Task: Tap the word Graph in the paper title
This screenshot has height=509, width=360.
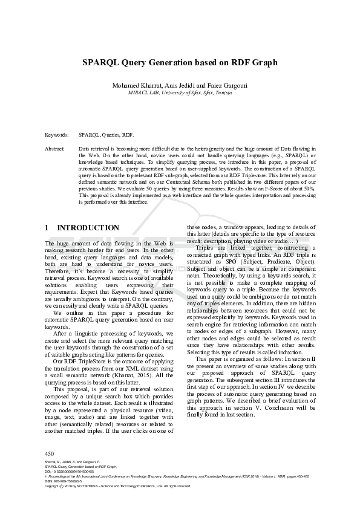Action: (264, 62)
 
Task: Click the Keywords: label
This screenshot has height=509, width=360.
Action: (56, 135)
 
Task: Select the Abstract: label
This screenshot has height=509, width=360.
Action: (55, 148)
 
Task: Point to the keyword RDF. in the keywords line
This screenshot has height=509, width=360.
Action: (128, 135)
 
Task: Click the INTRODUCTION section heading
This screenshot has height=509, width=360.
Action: (88, 228)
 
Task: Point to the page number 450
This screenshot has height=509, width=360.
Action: (50, 453)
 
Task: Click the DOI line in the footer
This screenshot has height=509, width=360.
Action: (67, 472)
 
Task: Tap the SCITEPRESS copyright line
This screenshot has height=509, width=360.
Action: (117, 485)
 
